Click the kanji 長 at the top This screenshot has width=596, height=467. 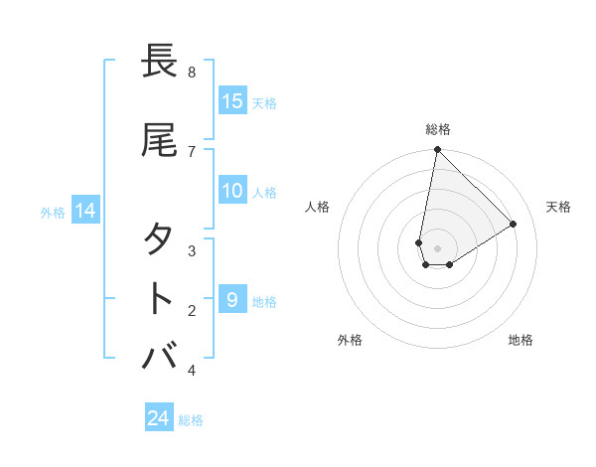pyautogui.click(x=160, y=62)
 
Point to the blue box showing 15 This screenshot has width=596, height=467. pyautogui.click(x=232, y=101)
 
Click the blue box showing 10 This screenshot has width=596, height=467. pyautogui.click(x=232, y=192)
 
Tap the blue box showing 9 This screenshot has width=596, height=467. pyautogui.click(x=232, y=299)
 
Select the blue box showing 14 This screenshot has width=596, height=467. pyautogui.click(x=84, y=211)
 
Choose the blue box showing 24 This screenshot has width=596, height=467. pyautogui.click(x=158, y=418)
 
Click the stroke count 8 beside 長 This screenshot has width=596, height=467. pyautogui.click(x=192, y=73)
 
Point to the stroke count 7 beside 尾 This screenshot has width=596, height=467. pyautogui.click(x=192, y=151)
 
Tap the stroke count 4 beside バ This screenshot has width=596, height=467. pyautogui.click(x=192, y=371)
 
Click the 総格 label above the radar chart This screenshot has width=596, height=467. pyautogui.click(x=438, y=129)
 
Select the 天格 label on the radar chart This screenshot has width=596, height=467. pyautogui.click(x=558, y=207)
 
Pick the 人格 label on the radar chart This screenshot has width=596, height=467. pyautogui.click(x=318, y=207)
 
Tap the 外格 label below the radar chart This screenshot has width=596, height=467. pyautogui.click(x=350, y=340)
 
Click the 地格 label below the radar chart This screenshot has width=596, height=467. pyautogui.click(x=521, y=340)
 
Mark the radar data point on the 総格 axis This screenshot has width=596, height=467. pyautogui.click(x=437, y=150)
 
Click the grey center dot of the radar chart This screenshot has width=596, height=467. pyautogui.click(x=437, y=248)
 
